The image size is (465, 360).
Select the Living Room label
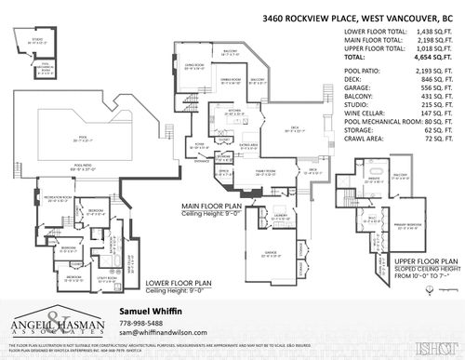click(193, 66)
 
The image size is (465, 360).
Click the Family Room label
click(269, 172)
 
